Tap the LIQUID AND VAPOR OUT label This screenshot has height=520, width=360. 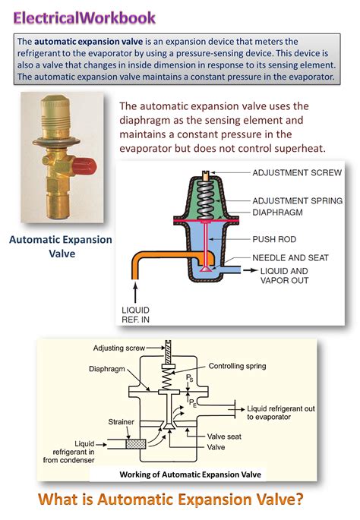pos(287,276)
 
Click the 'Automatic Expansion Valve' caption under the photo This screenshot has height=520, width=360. pos(60,247)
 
